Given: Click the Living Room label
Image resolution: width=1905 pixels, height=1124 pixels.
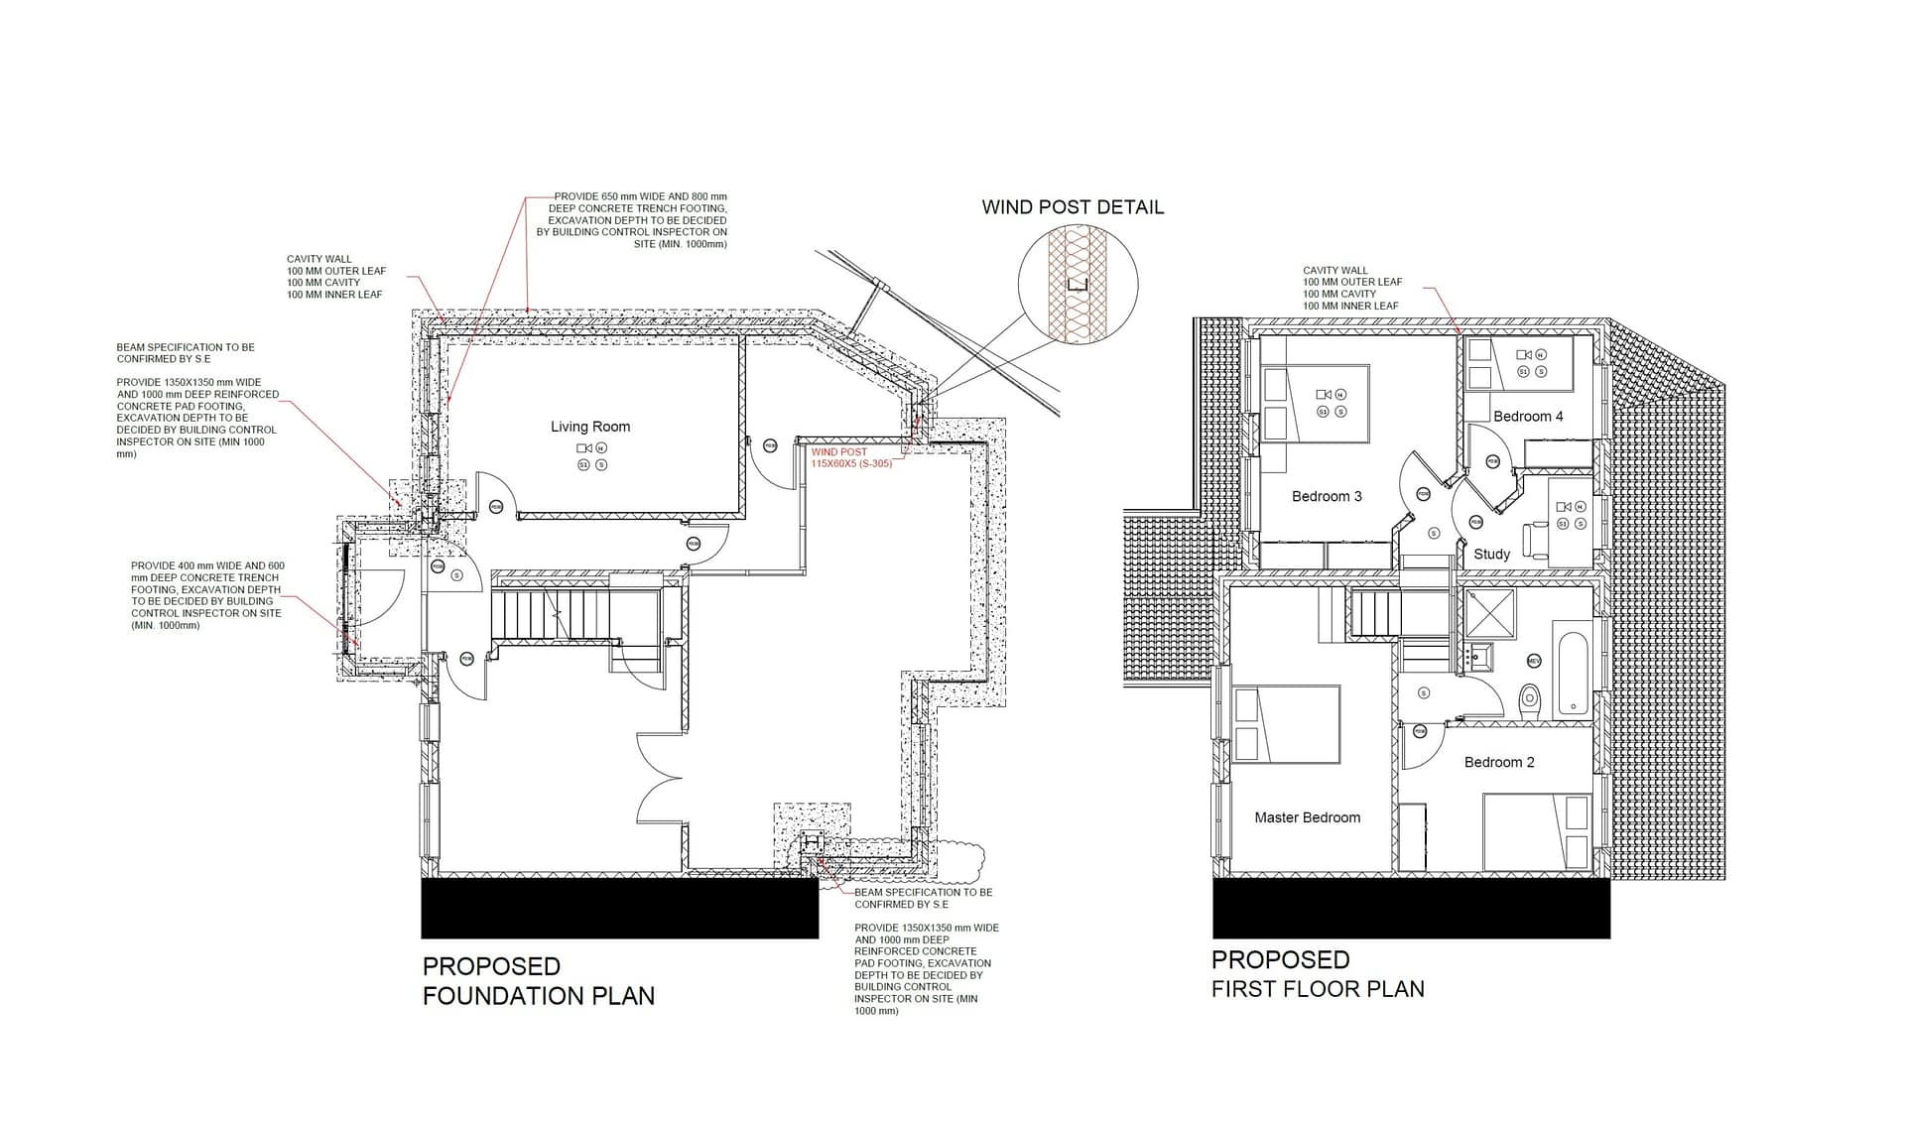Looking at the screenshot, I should (x=590, y=427).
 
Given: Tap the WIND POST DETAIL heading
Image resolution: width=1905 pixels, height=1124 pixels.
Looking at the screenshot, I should (x=1073, y=207).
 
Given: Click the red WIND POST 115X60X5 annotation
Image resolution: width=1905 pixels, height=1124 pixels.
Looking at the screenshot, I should (x=851, y=458).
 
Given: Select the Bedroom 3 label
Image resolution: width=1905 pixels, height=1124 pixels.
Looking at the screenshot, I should (x=1327, y=496).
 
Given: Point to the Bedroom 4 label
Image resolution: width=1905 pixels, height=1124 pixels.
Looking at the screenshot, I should (x=1528, y=417).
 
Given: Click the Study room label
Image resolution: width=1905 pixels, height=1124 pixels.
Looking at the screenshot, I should (x=1491, y=554).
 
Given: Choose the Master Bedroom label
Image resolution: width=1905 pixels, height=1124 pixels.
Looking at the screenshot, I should (x=1307, y=817).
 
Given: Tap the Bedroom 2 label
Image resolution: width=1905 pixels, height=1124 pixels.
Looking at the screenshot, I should (x=1499, y=762).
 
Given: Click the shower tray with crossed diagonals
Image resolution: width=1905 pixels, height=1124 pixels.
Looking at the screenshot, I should (x=1489, y=612).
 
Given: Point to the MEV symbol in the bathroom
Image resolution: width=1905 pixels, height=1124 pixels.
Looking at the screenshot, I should (x=1534, y=661).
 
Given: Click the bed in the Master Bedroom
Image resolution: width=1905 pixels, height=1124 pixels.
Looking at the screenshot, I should (x=1287, y=724).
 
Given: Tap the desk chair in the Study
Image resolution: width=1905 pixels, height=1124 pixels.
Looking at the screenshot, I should (x=1535, y=539).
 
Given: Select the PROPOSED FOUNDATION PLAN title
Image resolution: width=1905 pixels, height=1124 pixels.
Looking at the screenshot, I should (x=538, y=981).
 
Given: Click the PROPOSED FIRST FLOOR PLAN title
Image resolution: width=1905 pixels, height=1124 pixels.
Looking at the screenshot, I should (x=1317, y=974).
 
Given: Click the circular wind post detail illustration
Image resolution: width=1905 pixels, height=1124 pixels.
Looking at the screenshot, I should (x=1078, y=285).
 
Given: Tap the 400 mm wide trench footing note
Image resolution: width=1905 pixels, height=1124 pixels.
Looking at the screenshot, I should (x=206, y=595).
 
